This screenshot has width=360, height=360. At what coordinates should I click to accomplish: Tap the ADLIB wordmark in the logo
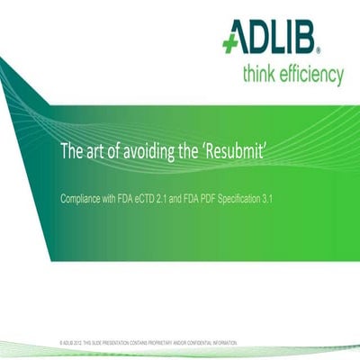coord(287,39)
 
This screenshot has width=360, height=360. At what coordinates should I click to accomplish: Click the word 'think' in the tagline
coord(261,74)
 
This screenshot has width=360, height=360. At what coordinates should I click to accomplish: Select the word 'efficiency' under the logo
coord(311,75)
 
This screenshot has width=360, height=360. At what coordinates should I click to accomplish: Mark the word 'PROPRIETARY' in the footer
coord(160,343)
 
